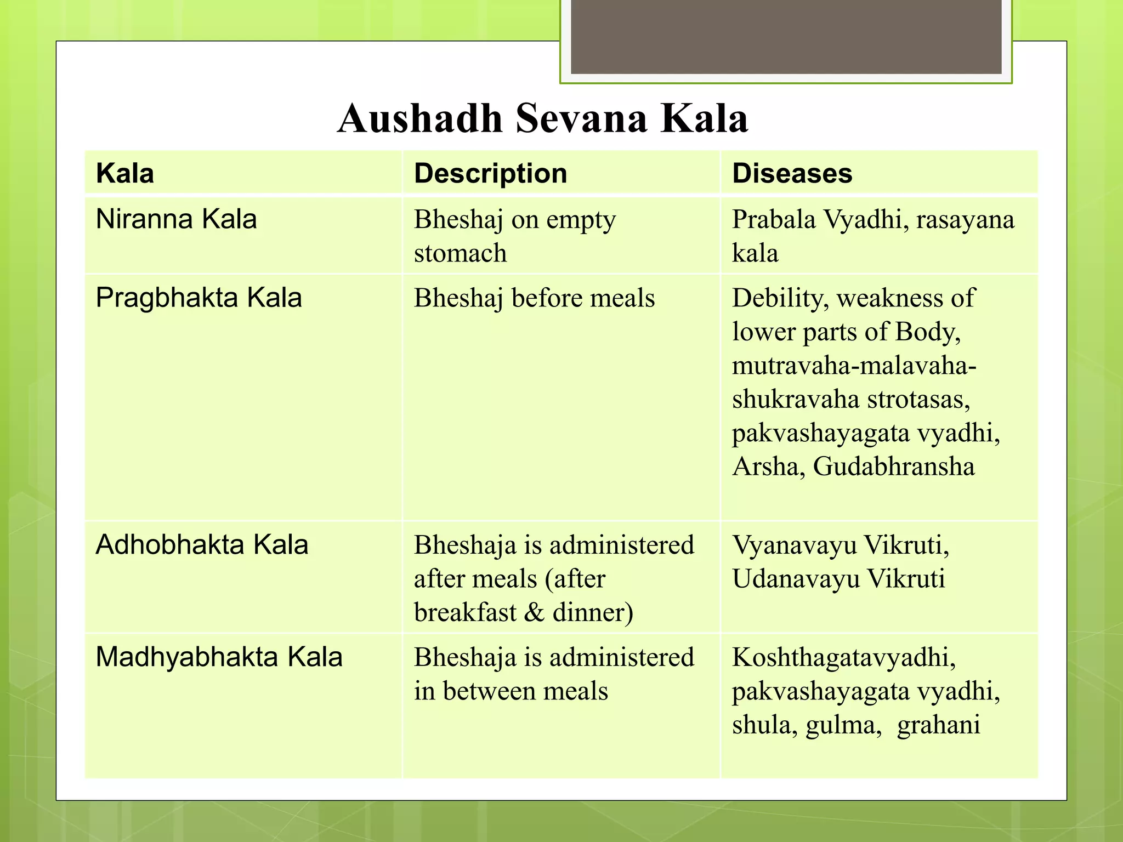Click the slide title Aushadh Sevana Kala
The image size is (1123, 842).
tap(543, 118)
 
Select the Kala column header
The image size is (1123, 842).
tap(125, 174)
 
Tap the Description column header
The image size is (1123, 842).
tap(490, 174)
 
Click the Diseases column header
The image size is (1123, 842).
tap(792, 174)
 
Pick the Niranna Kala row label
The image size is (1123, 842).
tap(176, 219)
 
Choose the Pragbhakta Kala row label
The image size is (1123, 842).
tap(198, 298)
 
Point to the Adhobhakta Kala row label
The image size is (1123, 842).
tap(202, 545)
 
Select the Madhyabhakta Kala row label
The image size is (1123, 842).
tap(219, 657)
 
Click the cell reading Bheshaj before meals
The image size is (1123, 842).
tap(534, 298)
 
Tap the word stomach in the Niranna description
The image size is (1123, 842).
tap(460, 254)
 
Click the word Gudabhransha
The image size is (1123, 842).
tap(893, 467)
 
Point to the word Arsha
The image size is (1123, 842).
tap(768, 467)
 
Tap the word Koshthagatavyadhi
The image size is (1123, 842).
tap(843, 658)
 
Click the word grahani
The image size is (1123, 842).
tap(938, 725)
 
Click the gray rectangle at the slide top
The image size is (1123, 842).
tap(786, 36)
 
